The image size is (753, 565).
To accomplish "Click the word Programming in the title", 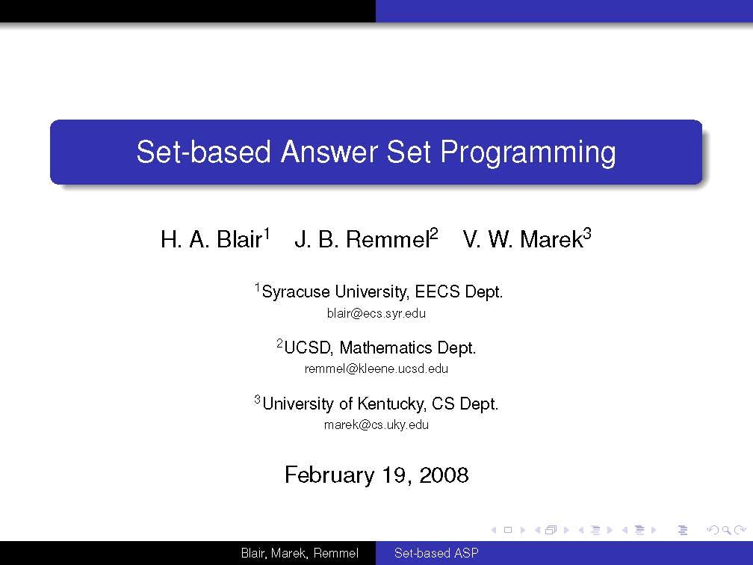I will pos(527,152).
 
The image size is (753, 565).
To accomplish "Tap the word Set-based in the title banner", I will pos(203,152).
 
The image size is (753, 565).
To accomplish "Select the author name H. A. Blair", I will pos(211,240).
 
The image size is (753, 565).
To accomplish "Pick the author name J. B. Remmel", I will pos(362,240).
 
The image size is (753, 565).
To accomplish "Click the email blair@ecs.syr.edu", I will pos(376,314).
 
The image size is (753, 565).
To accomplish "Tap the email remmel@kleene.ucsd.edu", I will pos(376,369).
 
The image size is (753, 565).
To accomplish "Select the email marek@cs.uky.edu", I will pos(376,425).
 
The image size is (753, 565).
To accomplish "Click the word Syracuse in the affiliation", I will pos(296,292).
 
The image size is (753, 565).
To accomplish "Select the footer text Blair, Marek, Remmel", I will pos(300,554).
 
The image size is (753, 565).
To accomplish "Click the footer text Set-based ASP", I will pos(436,554).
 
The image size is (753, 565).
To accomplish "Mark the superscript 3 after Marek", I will pos(587,235).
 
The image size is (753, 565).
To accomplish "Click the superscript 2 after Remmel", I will pos(433,235).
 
